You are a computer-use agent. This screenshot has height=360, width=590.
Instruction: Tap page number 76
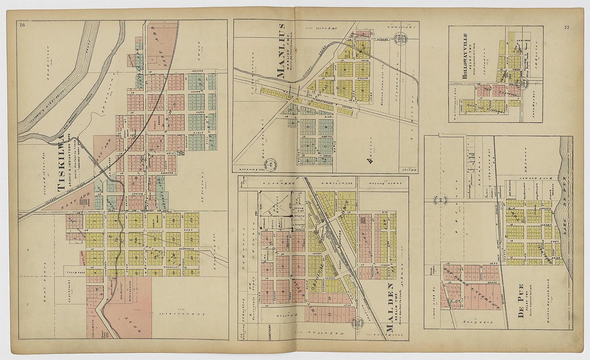pyautogui.click(x=22, y=25)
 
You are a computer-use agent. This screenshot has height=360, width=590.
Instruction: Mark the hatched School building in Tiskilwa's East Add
pyautogui.click(x=84, y=202)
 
